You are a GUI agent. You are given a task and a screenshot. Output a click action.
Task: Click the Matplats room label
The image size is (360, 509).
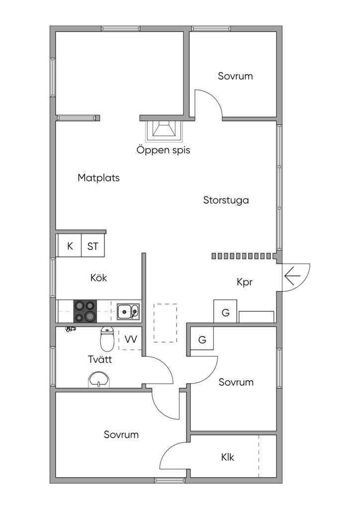pyautogui.click(x=98, y=178)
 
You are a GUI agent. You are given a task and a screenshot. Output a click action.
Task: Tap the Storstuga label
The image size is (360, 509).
pyautogui.click(x=226, y=200)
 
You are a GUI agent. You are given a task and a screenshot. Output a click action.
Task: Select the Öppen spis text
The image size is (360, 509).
pyautogui.click(x=163, y=150)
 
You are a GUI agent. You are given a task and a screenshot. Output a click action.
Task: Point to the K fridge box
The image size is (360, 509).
pyautogui.click(x=70, y=246)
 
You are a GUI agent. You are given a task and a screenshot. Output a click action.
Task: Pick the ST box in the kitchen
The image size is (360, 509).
pyautogui.click(x=93, y=246)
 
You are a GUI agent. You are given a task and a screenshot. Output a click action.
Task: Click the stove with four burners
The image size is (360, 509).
pyautogui.click(x=85, y=312)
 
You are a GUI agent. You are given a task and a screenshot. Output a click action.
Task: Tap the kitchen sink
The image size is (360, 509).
pyautogui.click(x=128, y=312)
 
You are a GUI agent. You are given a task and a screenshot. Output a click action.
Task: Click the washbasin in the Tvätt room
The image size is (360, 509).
pyautogui.click(x=99, y=380)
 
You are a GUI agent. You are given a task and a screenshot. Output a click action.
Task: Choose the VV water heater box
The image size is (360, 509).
pyautogui.click(x=131, y=339)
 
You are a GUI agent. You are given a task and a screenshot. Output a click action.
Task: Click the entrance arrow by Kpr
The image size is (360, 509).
pyautogui.click(x=292, y=274)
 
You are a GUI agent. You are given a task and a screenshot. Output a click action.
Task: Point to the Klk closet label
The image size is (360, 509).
pyautogui.click(x=228, y=457)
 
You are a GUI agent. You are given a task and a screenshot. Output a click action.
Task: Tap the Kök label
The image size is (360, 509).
pyautogui.click(x=98, y=278)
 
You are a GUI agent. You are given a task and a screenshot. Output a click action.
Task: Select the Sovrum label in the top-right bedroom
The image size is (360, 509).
pyautogui.click(x=235, y=76)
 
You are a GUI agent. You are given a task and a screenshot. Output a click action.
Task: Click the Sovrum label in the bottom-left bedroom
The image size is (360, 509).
pyautogui.click(x=121, y=434)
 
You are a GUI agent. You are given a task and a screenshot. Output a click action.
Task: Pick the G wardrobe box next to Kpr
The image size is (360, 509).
pyautogui.click(x=225, y=313)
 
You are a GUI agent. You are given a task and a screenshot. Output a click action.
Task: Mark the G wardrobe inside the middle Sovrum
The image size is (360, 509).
pyautogui.click(x=202, y=340)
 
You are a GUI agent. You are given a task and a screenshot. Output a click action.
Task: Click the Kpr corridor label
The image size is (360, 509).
pyautogui.click(x=245, y=282)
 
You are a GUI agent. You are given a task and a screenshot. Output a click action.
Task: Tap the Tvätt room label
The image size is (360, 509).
pyautogui.click(x=99, y=359)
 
